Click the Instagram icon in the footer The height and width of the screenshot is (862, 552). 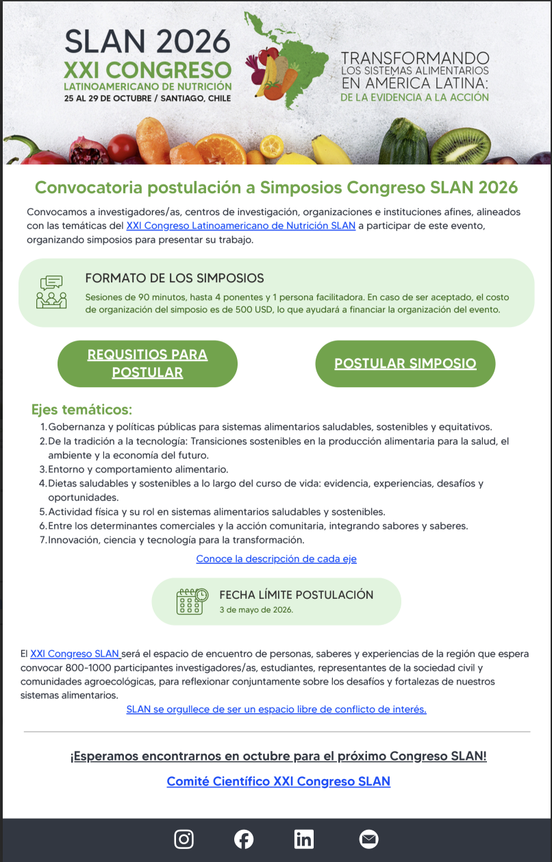(184, 839)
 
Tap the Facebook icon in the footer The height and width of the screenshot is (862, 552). (244, 839)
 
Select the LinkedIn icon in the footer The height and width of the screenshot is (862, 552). (304, 839)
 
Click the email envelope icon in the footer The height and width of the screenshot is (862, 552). (368, 839)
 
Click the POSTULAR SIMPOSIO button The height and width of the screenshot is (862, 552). (405, 363)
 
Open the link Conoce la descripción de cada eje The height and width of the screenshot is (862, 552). (276, 558)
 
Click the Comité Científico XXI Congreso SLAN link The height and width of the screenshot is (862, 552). (278, 781)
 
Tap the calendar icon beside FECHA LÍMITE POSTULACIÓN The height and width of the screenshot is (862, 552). (192, 601)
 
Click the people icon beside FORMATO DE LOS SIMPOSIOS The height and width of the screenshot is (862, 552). (51, 293)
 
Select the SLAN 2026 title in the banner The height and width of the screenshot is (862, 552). (147, 42)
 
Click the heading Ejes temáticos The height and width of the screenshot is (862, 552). (81, 410)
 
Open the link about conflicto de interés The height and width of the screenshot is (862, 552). (276, 709)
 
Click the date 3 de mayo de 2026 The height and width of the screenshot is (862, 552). (256, 609)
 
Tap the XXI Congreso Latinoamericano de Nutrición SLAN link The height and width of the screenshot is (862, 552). (240, 225)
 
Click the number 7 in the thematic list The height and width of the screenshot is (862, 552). (42, 540)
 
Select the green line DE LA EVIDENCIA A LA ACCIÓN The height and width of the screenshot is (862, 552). (414, 97)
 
